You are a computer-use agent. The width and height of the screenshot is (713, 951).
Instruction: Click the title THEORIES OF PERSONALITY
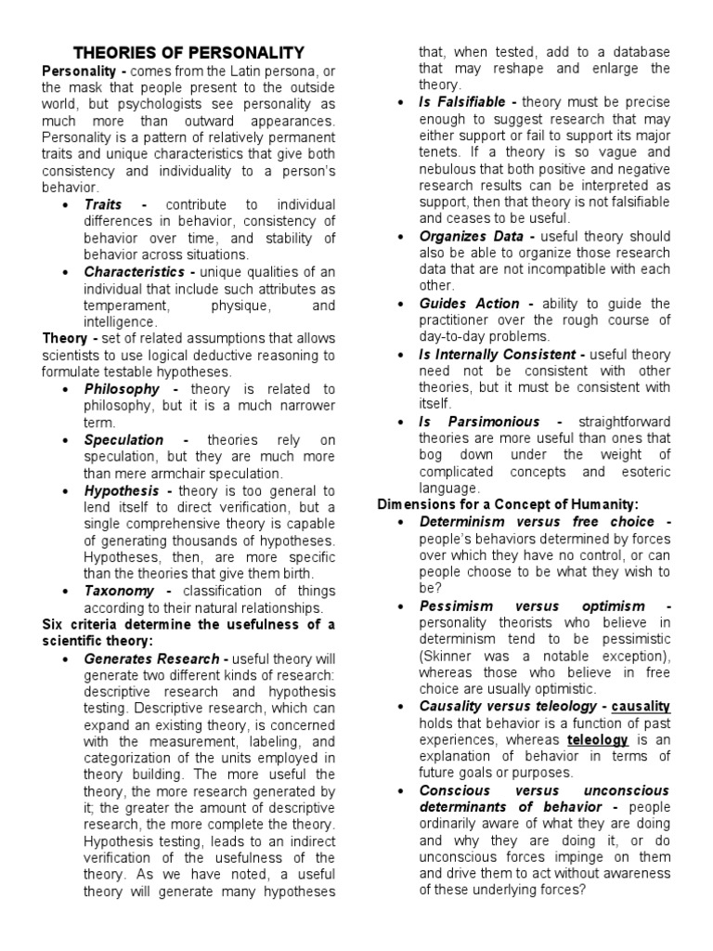pos(188,53)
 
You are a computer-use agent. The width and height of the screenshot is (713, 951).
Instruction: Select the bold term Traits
pos(104,204)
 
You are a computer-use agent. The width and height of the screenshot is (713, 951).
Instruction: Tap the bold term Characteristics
pos(134,271)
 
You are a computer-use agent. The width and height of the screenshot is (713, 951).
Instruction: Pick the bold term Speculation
pos(123,439)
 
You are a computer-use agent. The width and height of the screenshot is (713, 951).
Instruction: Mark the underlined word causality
pos(642,707)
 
